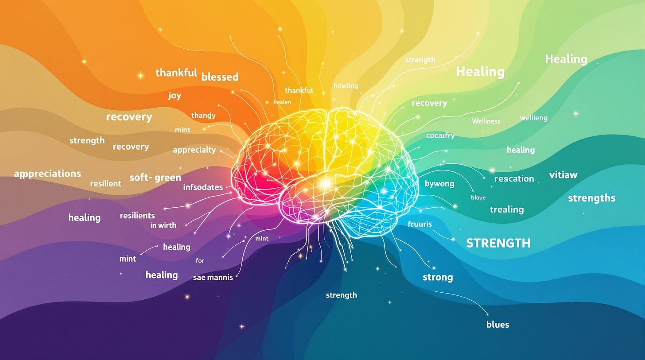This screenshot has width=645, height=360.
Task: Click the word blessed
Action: click(x=220, y=77)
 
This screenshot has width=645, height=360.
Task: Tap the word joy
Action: click(x=175, y=96)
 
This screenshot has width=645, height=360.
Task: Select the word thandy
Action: click(x=203, y=116)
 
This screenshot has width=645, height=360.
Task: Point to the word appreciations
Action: click(x=47, y=174)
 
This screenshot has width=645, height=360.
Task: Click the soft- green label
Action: click(x=155, y=178)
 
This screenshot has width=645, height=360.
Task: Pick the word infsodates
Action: click(x=203, y=187)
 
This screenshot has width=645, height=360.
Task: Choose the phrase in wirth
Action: click(x=163, y=225)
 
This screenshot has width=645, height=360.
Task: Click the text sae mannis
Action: click(x=213, y=278)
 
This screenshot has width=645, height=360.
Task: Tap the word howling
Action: click(x=346, y=85)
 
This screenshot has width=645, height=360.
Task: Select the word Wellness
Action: click(x=486, y=121)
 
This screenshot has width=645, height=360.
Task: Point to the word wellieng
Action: click(x=533, y=118)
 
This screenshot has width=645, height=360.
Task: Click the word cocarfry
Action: click(x=440, y=135)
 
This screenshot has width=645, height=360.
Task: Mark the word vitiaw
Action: click(x=563, y=174)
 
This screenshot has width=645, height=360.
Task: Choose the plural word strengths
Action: click(x=591, y=198)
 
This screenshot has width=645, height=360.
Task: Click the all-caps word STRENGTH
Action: click(x=498, y=243)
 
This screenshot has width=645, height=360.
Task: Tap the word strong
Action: click(x=438, y=277)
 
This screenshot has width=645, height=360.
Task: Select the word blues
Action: click(x=497, y=324)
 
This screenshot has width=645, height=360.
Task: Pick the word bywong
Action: click(x=439, y=183)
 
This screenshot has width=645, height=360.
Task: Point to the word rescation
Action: click(x=514, y=178)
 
